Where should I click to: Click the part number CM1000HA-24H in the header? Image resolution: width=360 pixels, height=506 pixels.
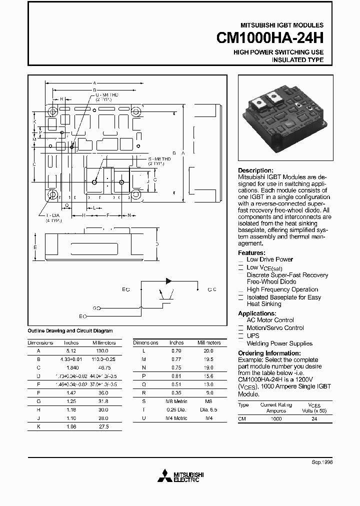pos(270,38)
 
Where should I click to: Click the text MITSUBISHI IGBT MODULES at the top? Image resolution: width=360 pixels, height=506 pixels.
pos(283,24)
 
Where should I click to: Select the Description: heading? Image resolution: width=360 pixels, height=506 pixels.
pos(255,170)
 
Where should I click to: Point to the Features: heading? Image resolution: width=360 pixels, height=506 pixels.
pos(251,253)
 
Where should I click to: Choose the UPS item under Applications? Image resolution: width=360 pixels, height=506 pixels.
pos(253,336)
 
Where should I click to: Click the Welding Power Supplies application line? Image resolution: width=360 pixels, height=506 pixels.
pos(279,343)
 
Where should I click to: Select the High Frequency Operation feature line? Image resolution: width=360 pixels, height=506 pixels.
pos(282,289)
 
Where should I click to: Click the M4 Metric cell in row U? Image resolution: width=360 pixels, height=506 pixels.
pos(177,418)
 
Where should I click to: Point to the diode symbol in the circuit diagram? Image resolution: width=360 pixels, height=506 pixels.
pos(169,281)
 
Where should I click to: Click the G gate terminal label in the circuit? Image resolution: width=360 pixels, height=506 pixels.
pos(94,308)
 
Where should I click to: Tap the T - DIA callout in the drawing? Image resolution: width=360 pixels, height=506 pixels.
pos(53,216)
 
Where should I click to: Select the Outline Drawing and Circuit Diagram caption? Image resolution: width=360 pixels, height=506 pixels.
pos(70,331)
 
